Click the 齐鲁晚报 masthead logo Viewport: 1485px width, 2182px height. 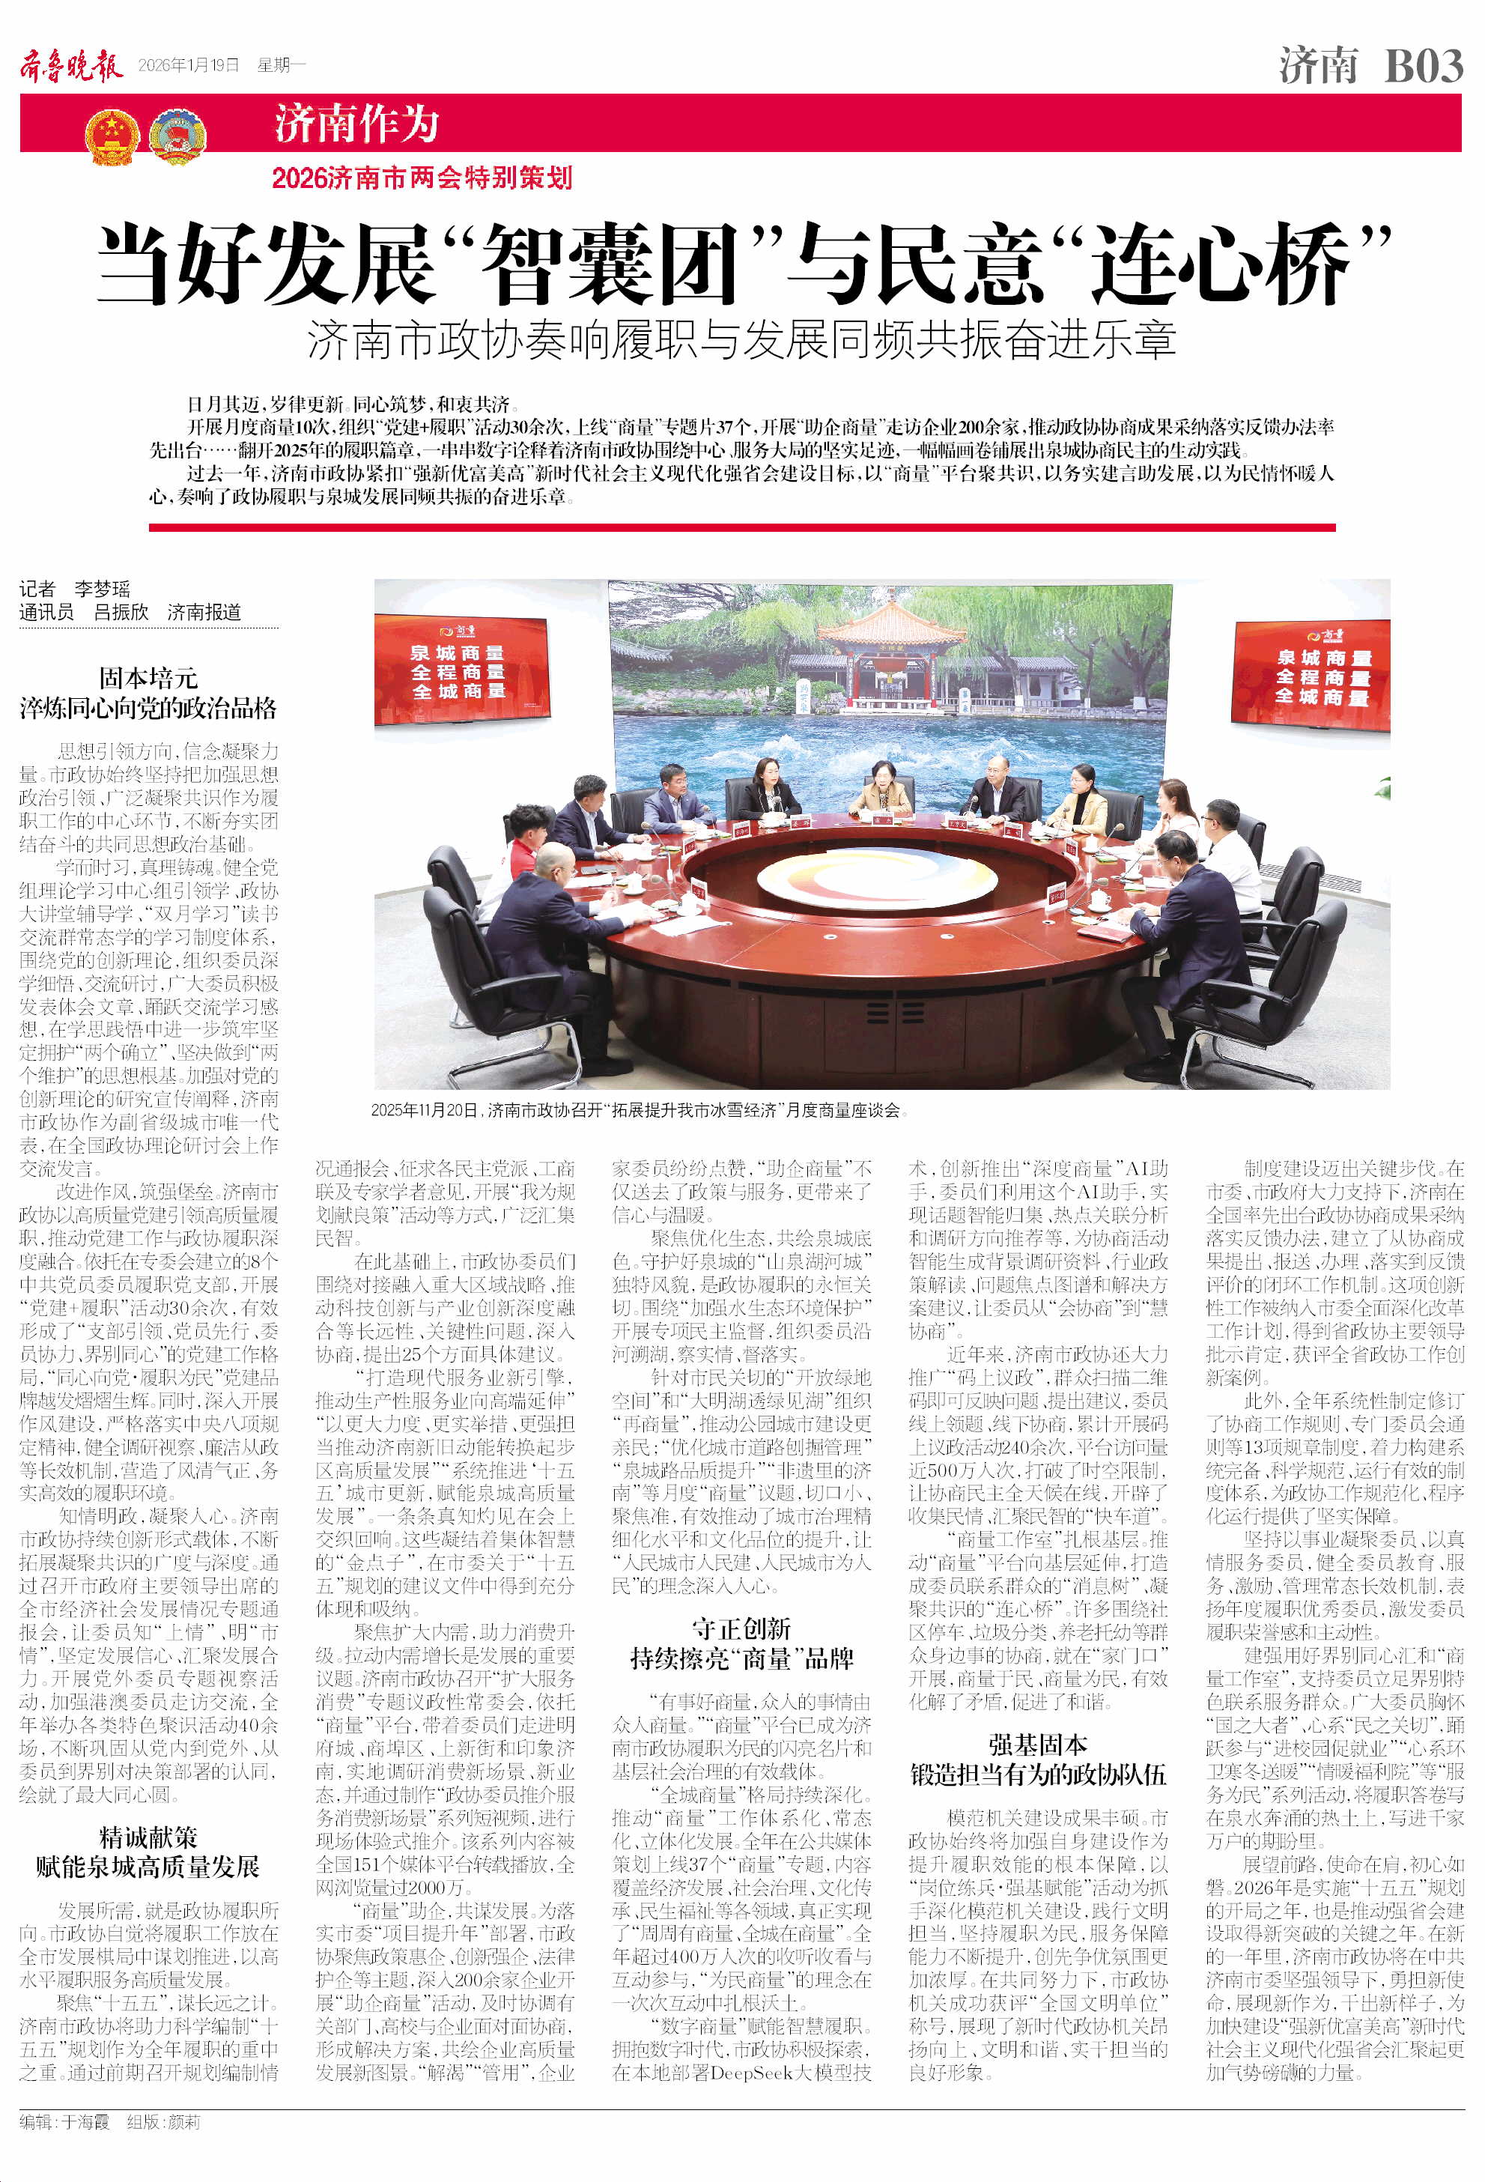click(71, 66)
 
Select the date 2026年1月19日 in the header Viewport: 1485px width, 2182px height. click(189, 64)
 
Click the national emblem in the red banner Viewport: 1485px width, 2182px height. click(112, 137)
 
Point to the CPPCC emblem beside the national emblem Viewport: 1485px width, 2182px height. click(177, 137)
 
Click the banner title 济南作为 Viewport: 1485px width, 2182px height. click(356, 124)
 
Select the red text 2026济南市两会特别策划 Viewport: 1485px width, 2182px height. click(422, 178)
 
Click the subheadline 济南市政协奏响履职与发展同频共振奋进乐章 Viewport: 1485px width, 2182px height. click(741, 340)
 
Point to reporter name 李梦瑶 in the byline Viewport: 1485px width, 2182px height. click(103, 589)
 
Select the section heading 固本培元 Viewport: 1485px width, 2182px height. click(148, 677)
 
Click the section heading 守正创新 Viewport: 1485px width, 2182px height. click(741, 1628)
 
